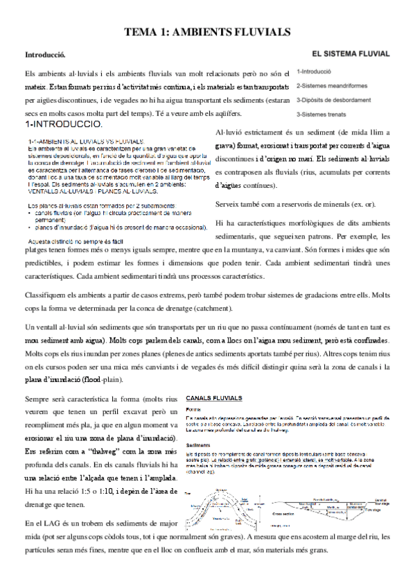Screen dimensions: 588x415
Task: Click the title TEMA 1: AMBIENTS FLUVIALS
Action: point(206,33)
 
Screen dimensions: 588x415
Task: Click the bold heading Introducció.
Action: point(44,54)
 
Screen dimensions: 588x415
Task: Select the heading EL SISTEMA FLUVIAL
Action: point(349,52)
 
